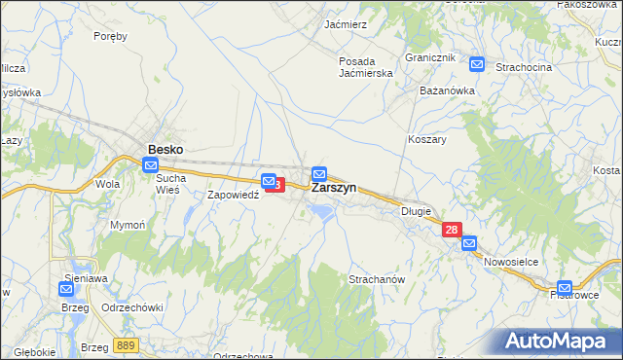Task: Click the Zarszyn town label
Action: coord(334,188)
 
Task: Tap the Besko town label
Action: coord(165,150)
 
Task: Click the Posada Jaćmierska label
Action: coord(365,67)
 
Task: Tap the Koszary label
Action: coord(426,139)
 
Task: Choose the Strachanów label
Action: coord(377,279)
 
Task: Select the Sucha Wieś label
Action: coord(170,185)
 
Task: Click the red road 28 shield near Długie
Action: coord(452,230)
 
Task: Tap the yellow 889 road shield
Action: coord(125,345)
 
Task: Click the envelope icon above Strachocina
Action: coord(477,64)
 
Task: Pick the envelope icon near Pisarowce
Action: coord(565,288)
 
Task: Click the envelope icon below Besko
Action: coord(151,165)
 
